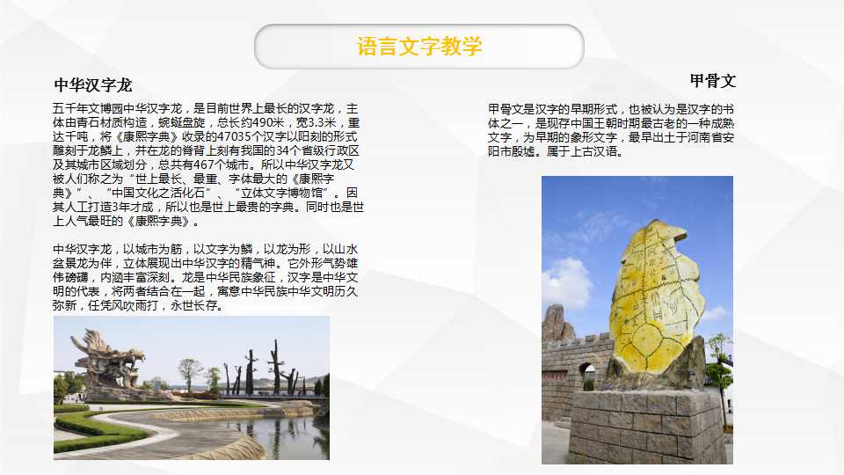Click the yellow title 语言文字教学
click(x=418, y=47)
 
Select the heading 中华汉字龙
click(x=93, y=85)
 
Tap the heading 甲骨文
click(x=713, y=81)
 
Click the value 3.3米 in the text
click(x=322, y=123)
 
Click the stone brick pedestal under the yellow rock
click(x=647, y=427)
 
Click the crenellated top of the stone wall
click(x=577, y=341)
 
